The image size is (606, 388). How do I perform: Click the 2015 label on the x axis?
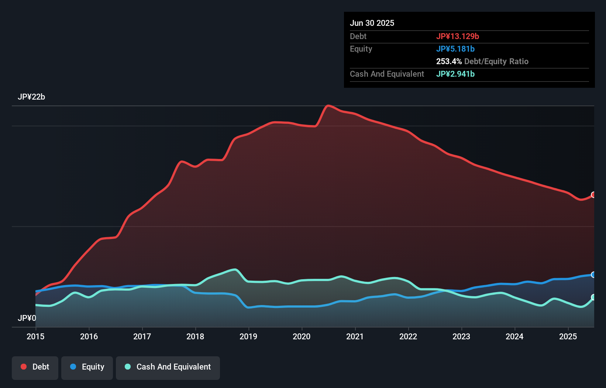[x=35, y=336]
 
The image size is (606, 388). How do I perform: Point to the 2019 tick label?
[x=248, y=336]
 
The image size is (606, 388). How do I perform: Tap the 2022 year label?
[x=408, y=336]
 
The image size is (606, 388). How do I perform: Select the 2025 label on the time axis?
[x=568, y=336]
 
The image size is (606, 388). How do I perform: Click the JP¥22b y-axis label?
[x=31, y=97]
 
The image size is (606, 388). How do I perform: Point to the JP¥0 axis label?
[x=27, y=318]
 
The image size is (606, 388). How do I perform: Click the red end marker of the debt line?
[x=593, y=195]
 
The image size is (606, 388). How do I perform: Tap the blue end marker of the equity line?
[x=593, y=275]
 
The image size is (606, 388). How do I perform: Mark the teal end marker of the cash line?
[x=593, y=297]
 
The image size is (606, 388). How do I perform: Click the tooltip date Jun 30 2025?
[x=372, y=23]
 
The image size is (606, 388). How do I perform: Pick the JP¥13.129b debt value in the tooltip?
[x=458, y=36]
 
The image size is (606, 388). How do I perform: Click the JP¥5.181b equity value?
[x=455, y=49]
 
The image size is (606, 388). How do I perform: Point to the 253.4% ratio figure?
[x=449, y=61]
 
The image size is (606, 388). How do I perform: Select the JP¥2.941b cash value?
[x=455, y=74]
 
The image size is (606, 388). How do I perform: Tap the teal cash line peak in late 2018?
[x=235, y=270]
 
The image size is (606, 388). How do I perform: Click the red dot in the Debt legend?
[x=24, y=367]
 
